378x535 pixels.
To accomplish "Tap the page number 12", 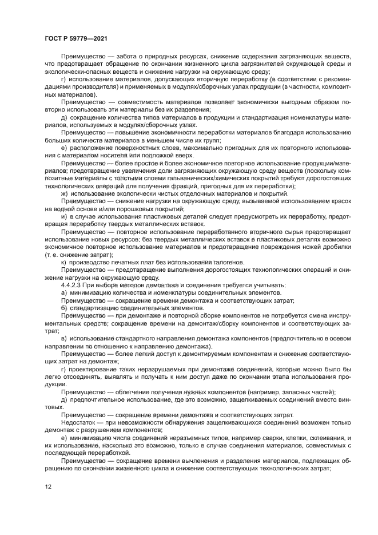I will [x=49, y=486].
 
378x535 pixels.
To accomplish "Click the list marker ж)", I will [x=64, y=194].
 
